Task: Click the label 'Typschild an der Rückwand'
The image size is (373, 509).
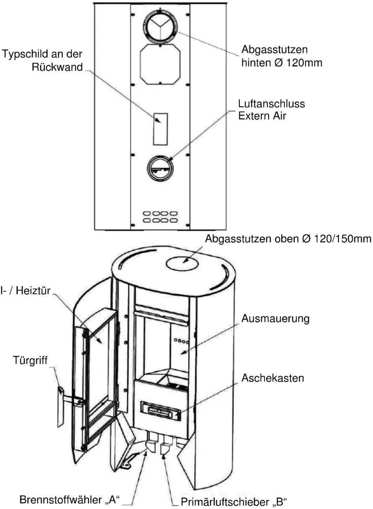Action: pos(42,60)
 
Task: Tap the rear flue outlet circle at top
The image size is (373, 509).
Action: pos(161,26)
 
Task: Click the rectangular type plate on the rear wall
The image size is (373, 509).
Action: pos(161,129)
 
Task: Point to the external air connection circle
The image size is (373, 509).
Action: pos(160,168)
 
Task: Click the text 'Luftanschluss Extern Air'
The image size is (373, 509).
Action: pos(271,110)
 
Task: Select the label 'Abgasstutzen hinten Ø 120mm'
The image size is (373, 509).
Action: pos(281,56)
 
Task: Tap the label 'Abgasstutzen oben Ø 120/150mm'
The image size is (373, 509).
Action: pos(288,239)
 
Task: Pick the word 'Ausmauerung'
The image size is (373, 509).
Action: pos(275,318)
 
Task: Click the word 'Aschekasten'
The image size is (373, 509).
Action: pos(272,378)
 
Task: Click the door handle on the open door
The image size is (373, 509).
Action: pos(61,406)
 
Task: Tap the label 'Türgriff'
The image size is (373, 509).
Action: pos(30,360)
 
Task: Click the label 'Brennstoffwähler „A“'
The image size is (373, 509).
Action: pos(70,499)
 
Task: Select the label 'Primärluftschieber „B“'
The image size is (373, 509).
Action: pos(234,502)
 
